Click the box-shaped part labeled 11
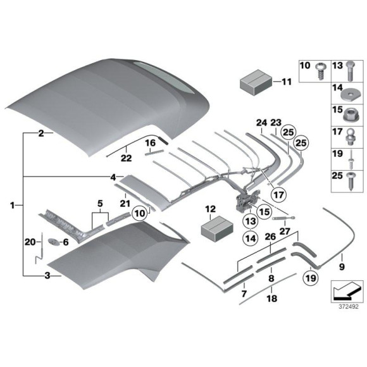[x=256, y=82]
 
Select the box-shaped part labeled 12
[x=217, y=228]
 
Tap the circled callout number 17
[x=279, y=194]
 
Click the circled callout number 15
[x=264, y=212]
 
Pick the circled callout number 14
[x=251, y=239]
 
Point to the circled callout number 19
[x=311, y=278]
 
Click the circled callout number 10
[x=140, y=213]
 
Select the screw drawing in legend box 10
[x=320, y=71]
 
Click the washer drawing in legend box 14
[x=347, y=96]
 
